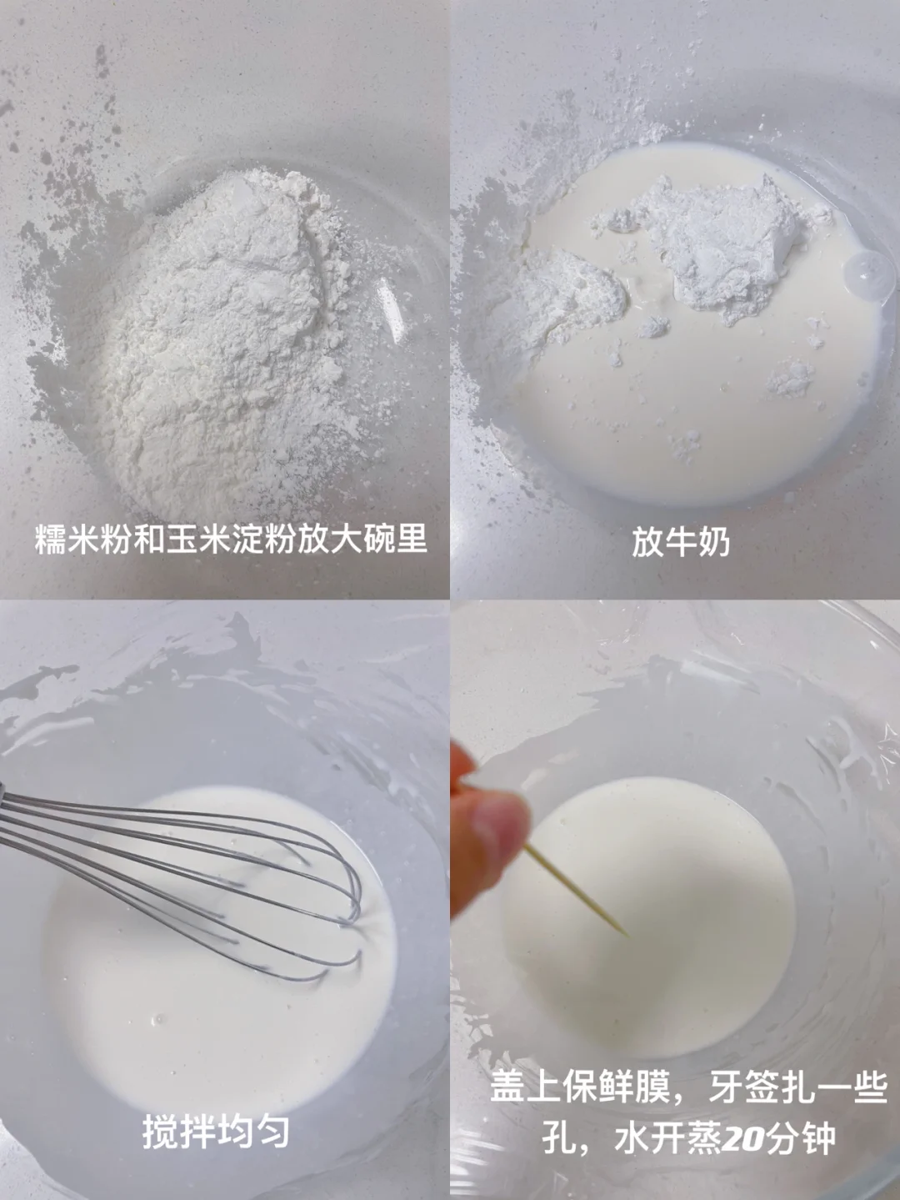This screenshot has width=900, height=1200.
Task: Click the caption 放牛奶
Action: [x=681, y=542]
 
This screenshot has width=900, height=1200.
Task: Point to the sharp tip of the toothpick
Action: [x=628, y=936]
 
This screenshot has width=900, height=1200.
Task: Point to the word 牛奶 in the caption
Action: [x=697, y=542]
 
